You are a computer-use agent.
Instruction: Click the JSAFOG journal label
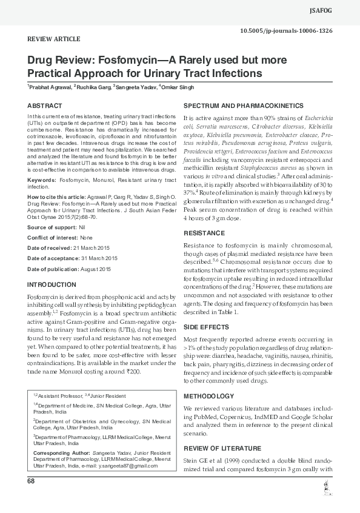(338, 10)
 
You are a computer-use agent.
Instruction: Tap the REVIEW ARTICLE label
(54, 39)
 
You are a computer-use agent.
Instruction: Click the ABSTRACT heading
(45, 106)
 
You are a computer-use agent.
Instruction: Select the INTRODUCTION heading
(53, 284)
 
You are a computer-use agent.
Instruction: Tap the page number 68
(31, 481)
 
